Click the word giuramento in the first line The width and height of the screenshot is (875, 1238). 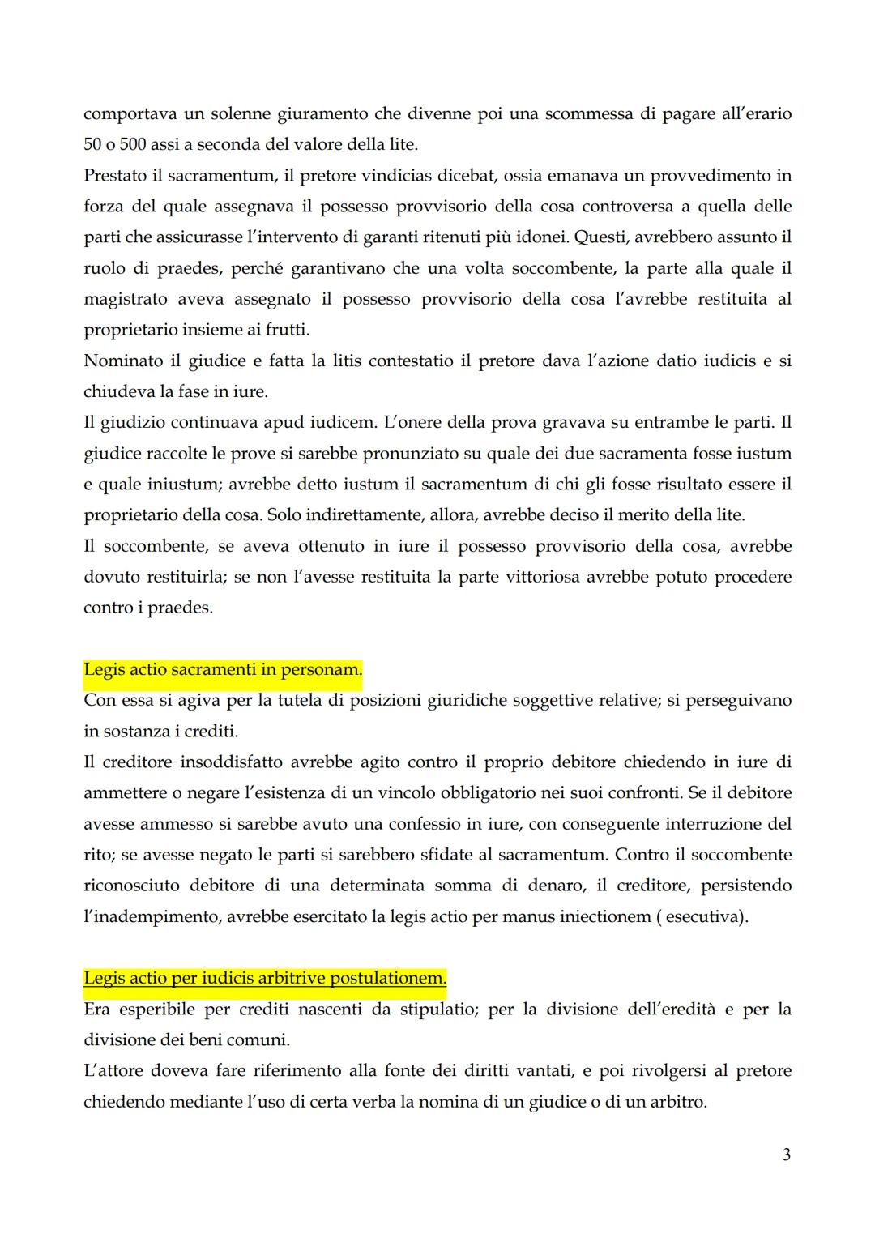[291, 114]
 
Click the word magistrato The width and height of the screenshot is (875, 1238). [124, 299]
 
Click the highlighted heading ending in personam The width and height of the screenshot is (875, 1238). [223, 670]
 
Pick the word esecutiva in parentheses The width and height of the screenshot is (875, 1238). [702, 916]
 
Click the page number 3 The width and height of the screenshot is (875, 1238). [786, 1155]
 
